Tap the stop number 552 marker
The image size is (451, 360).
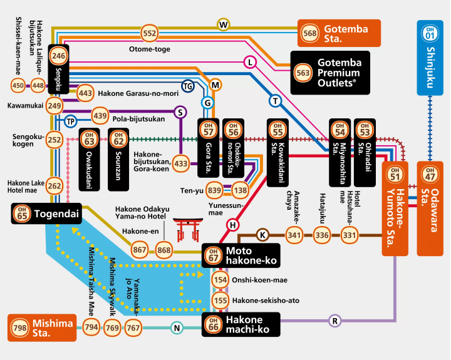click(x=150, y=33)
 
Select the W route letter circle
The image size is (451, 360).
click(x=224, y=25)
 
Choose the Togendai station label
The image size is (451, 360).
click(x=47, y=214)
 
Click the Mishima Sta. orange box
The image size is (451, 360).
click(x=42, y=327)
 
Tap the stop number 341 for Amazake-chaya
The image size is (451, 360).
click(x=294, y=235)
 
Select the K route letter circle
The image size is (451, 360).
click(x=262, y=235)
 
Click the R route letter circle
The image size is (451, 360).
click(x=335, y=321)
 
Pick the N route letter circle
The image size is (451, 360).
click(x=177, y=327)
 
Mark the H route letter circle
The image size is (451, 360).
click(x=233, y=224)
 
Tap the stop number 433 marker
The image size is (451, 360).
click(x=181, y=164)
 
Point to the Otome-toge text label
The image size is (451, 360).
click(x=150, y=49)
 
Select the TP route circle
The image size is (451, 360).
click(x=70, y=120)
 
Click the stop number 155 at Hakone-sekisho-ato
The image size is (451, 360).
click(x=220, y=301)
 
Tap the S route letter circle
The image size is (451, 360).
click(x=180, y=112)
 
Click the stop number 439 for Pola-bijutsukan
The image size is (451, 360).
click(x=100, y=115)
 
